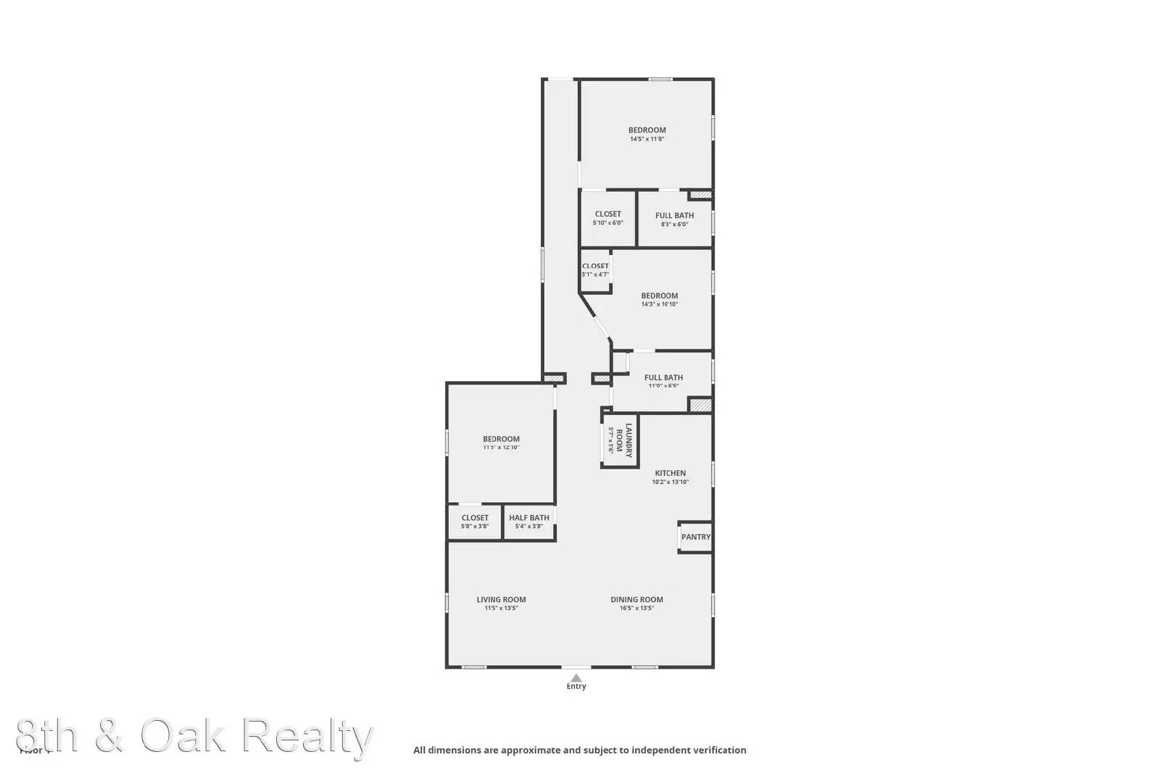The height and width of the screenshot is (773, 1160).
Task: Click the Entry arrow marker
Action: [x=576, y=678]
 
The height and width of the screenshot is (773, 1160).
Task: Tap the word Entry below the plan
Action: [x=576, y=687]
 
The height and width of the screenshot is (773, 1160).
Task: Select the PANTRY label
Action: [x=696, y=537]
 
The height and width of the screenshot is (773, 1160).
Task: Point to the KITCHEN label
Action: [x=670, y=473]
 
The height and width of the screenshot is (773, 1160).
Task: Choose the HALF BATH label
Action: [x=529, y=517]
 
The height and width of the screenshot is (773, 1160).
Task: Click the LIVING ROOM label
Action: [x=501, y=599]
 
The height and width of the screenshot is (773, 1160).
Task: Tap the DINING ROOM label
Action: [x=637, y=599]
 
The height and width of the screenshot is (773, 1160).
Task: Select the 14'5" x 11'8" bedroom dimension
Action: [x=647, y=139]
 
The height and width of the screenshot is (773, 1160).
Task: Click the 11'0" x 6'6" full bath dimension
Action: [x=663, y=386]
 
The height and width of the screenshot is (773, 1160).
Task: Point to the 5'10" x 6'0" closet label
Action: [x=608, y=218]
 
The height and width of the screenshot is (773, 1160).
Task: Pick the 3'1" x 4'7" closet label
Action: [x=595, y=270]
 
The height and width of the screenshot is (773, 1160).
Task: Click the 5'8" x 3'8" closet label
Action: [x=475, y=522]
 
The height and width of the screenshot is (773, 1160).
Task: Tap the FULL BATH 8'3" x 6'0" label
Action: [x=674, y=219]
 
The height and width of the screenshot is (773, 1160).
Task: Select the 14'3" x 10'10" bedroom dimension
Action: [x=659, y=304]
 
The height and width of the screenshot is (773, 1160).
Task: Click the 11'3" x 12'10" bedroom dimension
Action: [x=501, y=448]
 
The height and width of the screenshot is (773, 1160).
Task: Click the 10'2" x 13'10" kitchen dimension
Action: [x=670, y=482]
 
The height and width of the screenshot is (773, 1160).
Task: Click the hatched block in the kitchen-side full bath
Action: [x=700, y=405]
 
